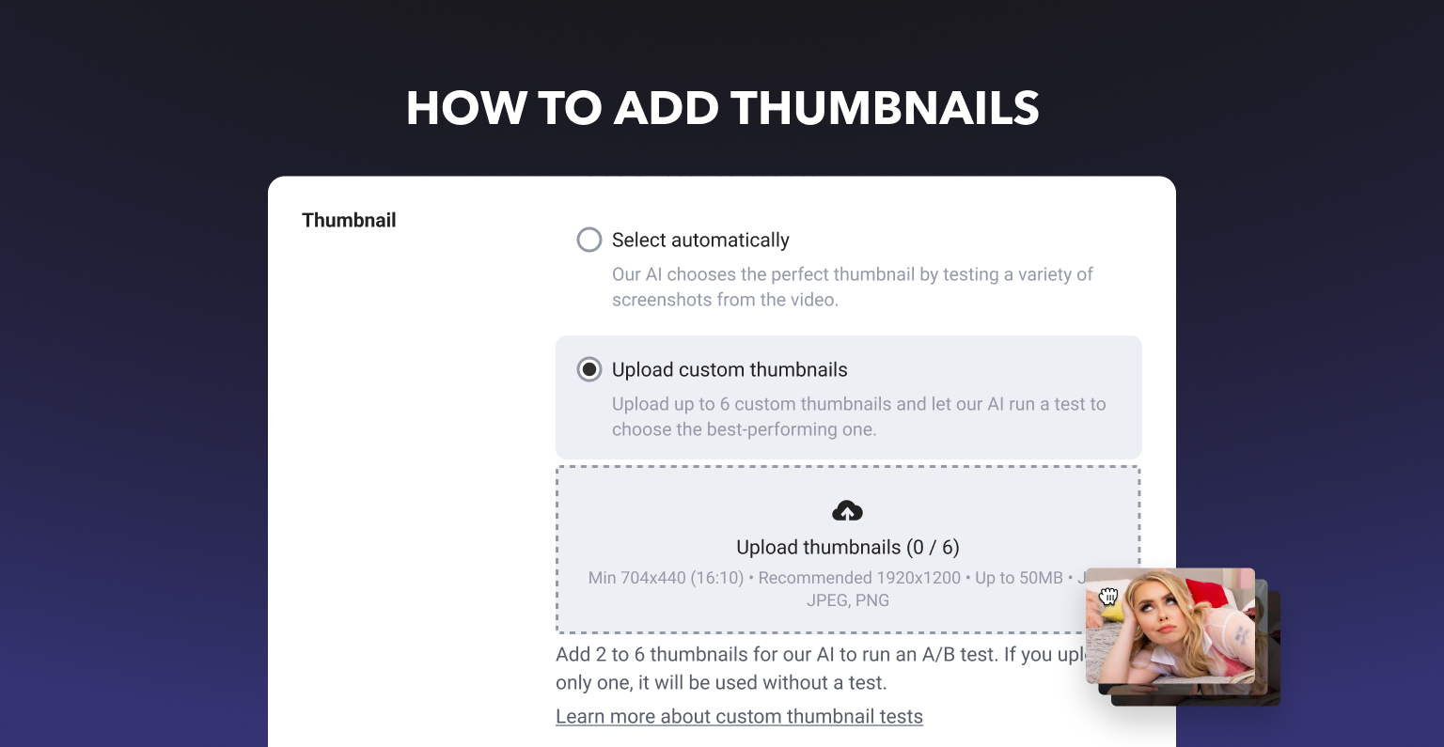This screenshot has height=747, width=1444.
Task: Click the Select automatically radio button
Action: tap(589, 240)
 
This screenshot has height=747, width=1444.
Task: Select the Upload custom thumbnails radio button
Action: tap(589, 369)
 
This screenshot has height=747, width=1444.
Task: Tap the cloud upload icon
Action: tap(847, 511)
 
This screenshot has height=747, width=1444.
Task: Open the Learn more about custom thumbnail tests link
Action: tap(739, 716)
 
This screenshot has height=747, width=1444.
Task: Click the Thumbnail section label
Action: tap(349, 221)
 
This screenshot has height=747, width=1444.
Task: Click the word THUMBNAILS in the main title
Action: tap(885, 108)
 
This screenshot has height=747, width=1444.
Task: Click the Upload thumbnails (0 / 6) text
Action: tap(848, 547)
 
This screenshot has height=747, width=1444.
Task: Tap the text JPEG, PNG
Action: tap(848, 600)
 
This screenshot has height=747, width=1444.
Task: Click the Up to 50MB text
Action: tap(1018, 578)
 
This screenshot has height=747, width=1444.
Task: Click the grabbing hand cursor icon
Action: tap(1108, 596)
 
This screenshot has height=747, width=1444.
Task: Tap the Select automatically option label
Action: tap(700, 240)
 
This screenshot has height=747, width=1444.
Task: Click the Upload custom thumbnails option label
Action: tap(730, 369)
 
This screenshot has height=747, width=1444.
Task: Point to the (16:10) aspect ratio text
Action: tap(717, 578)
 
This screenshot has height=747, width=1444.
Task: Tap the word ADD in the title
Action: tap(666, 108)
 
